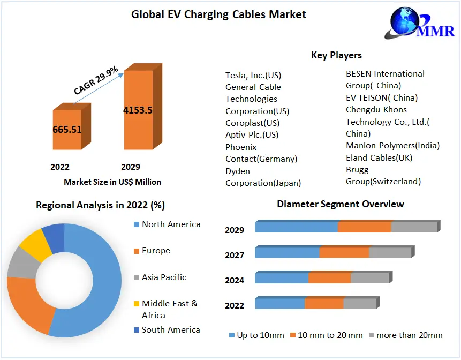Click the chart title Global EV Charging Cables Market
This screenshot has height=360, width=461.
click(218, 14)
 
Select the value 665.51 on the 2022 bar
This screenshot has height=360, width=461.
click(67, 130)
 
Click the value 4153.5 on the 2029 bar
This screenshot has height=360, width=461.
click(138, 110)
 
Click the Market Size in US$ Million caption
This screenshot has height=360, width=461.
click(112, 182)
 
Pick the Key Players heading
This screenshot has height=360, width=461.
click(336, 55)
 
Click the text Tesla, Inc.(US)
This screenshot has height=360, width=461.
click(253, 75)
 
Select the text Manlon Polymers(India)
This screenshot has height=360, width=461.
click(392, 146)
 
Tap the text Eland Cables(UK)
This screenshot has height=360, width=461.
click(379, 157)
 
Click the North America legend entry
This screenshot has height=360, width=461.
click(171, 224)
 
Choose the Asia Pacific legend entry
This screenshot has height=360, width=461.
click(164, 277)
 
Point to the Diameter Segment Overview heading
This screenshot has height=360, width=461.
click(341, 204)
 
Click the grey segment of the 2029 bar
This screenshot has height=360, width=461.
click(414, 227)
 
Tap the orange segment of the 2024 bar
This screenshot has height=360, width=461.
click(329, 278)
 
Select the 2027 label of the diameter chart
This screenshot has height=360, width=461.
click(235, 256)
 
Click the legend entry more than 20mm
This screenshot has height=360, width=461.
click(409, 335)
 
